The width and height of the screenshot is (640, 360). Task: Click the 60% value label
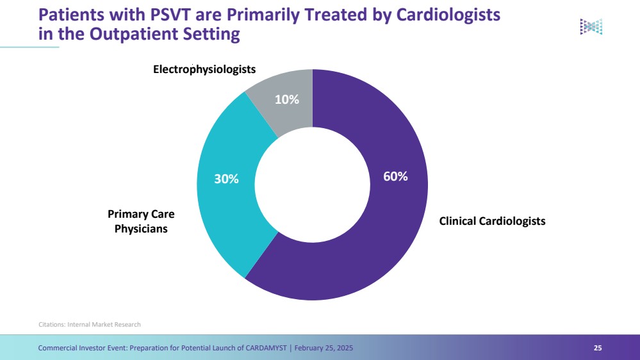tap(395, 176)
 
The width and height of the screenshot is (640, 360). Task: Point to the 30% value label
tap(226, 180)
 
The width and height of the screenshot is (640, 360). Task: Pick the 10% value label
tap(286, 99)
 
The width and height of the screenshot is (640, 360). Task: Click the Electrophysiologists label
tap(204, 69)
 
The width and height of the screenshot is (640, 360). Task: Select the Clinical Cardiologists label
tap(492, 221)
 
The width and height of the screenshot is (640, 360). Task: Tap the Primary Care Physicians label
tap(141, 221)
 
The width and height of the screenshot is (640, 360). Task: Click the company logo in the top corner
tap(591, 26)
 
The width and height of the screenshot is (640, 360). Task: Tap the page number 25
tap(598, 348)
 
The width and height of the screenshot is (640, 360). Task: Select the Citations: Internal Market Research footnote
tap(90, 324)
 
